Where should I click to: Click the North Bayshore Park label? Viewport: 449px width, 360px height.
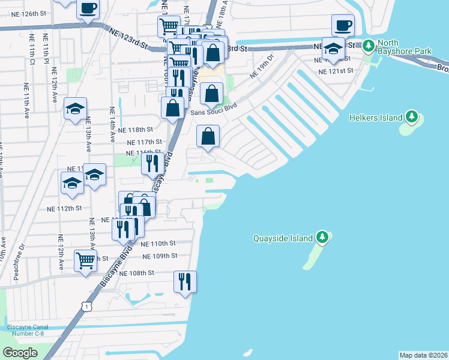point(405,47)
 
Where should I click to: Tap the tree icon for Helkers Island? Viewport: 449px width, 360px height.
point(411,117)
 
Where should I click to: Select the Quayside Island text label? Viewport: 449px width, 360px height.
point(283,238)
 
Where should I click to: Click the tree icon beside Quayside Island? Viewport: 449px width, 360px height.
point(323,238)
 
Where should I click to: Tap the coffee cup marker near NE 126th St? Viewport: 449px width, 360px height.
point(88,10)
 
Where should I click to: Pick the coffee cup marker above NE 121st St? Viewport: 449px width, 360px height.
point(343,26)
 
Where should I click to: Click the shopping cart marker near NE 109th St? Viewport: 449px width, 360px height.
point(86,262)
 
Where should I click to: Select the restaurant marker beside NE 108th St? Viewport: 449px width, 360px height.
point(185,281)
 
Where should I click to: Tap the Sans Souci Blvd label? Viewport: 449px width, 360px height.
point(214,112)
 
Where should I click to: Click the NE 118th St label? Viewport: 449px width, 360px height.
point(135,130)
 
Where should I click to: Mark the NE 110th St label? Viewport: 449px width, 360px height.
point(158,244)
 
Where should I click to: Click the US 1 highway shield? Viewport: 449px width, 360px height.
point(88,306)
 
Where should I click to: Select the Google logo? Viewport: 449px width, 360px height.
point(20,352)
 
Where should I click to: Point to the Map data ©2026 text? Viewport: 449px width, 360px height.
point(423,355)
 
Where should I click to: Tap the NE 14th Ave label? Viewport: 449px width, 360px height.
point(112,125)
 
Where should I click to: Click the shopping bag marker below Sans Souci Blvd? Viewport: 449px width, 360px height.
point(208,136)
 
